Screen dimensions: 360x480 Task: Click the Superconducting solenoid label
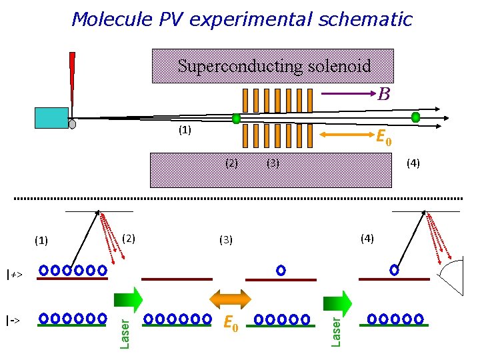[273, 66]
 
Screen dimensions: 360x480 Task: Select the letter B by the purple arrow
[383, 95]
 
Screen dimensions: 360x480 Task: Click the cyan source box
[51, 117]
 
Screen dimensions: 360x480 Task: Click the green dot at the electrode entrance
[236, 119]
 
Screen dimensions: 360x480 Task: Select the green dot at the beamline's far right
[415, 117]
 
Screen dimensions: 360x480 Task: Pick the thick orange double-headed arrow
[231, 298]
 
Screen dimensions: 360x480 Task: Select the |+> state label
[14, 274]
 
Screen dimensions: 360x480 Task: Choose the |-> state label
[13, 320]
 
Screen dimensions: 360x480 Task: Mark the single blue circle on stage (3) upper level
[281, 270]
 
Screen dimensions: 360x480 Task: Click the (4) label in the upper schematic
[413, 163]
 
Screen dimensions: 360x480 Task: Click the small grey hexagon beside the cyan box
[72, 124]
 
